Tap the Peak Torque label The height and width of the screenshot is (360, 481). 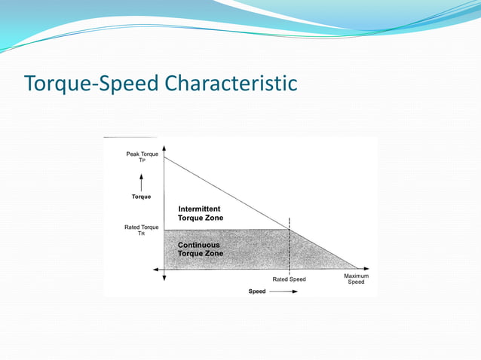(142, 154)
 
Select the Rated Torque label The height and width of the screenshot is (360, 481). (142, 227)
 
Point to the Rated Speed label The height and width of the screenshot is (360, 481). (289, 279)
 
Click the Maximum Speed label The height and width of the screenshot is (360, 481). (356, 279)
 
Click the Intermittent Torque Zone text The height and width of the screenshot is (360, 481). (201, 213)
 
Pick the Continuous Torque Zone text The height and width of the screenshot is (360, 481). (201, 249)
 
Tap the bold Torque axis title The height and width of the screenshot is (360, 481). (142, 197)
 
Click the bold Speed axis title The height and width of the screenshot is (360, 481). (257, 291)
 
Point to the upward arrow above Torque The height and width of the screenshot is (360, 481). (142, 179)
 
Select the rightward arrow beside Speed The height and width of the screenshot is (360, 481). (283, 291)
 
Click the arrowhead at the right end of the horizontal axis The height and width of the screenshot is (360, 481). (366, 268)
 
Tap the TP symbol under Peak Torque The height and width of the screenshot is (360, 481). (142, 160)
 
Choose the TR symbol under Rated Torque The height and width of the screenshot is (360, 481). (142, 233)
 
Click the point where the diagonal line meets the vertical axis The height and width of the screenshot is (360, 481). (164, 157)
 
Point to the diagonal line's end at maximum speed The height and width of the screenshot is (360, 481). (357, 268)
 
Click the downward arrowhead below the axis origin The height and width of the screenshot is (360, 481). (164, 279)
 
